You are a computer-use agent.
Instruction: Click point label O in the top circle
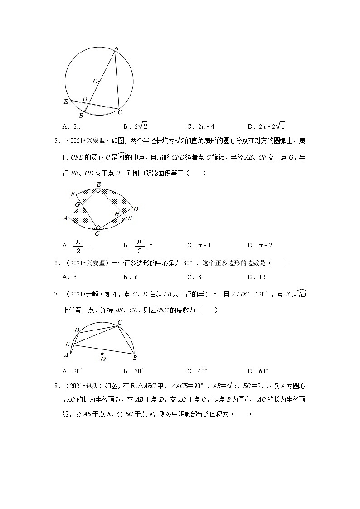(x=95, y=82)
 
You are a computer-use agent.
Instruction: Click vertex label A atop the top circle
(x=116, y=48)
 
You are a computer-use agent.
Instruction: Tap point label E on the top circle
(x=66, y=102)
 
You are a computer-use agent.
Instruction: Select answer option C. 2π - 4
(x=202, y=126)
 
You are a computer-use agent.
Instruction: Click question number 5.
(x=57, y=141)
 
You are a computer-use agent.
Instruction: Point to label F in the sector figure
(x=73, y=194)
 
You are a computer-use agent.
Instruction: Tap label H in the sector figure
(x=117, y=214)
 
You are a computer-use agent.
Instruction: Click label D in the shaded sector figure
(x=136, y=208)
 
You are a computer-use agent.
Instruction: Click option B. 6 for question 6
(x=131, y=277)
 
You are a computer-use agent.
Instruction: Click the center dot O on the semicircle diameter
(x=102, y=354)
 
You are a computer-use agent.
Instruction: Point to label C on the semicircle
(x=120, y=322)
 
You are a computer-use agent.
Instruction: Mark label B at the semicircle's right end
(x=135, y=358)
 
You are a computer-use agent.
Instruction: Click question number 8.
(x=57, y=386)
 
